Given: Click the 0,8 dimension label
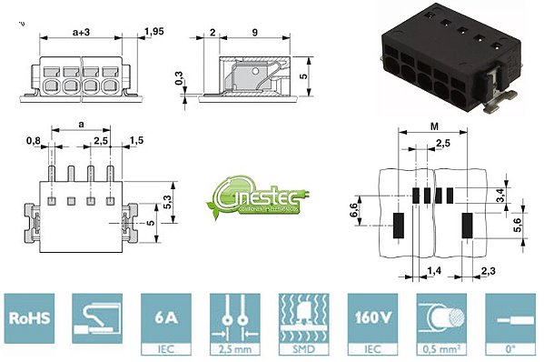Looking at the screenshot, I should point(34,140).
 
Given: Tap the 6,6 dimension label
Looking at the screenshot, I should point(352,211).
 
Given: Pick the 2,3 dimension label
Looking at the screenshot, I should point(488,271).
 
